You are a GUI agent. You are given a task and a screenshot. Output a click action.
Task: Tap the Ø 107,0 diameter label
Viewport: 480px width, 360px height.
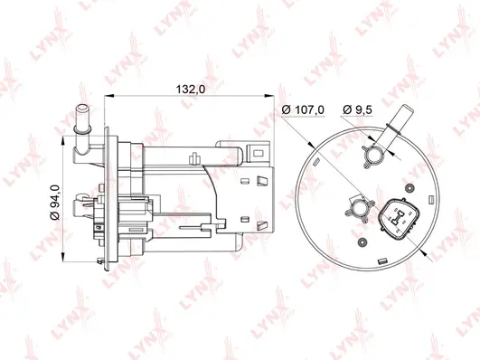click(x=303, y=111)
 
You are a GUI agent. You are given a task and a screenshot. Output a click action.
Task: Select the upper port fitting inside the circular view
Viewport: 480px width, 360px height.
click(x=371, y=156)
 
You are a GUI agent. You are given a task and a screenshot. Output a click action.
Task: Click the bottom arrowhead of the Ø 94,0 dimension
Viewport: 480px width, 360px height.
click(x=61, y=269)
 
